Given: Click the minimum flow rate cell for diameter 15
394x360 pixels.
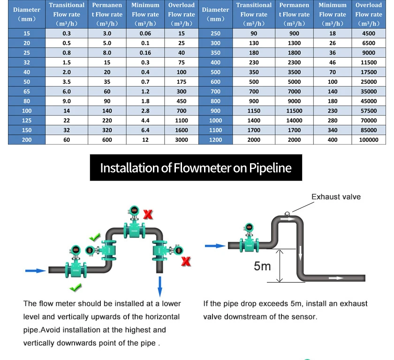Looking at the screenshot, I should click(x=145, y=34).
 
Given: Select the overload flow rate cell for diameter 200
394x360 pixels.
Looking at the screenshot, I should click(x=181, y=140).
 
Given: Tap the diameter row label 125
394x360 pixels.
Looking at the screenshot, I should click(x=27, y=121).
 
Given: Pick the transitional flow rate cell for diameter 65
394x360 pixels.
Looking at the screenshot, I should click(x=67, y=92).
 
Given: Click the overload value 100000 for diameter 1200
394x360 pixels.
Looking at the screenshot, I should click(x=368, y=140).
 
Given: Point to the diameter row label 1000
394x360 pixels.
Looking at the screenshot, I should click(x=215, y=121).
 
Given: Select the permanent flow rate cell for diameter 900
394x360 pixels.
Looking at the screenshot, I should click(x=294, y=111).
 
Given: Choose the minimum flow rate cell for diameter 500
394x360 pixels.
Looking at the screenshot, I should click(x=333, y=72).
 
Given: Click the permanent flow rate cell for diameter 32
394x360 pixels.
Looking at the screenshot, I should click(x=107, y=62).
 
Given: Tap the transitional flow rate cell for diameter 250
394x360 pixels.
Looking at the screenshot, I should click(x=254, y=34).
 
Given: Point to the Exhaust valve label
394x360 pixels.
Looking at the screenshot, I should click(x=336, y=197).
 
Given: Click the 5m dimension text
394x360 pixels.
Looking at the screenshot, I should click(x=262, y=266).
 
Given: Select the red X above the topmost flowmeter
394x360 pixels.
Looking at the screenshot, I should click(x=148, y=214).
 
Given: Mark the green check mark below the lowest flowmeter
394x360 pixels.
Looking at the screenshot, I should click(x=75, y=286).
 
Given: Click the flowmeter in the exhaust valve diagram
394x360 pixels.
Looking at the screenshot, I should click(x=249, y=240).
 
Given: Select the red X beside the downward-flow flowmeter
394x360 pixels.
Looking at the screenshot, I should click(x=186, y=261).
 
